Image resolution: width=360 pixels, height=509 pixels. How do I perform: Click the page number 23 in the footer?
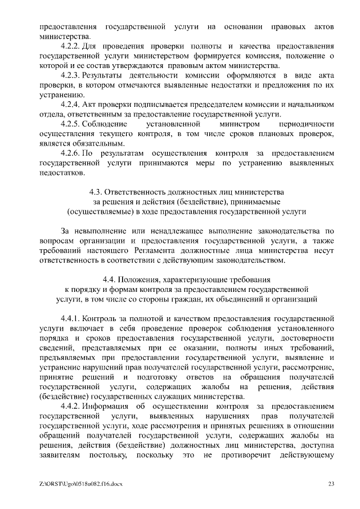coord(331,483)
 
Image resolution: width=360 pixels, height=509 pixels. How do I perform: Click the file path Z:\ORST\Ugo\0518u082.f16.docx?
coord(82,483)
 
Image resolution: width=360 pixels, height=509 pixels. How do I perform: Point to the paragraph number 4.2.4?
coord(70,104)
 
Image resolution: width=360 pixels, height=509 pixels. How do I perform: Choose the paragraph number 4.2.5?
coord(70,124)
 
